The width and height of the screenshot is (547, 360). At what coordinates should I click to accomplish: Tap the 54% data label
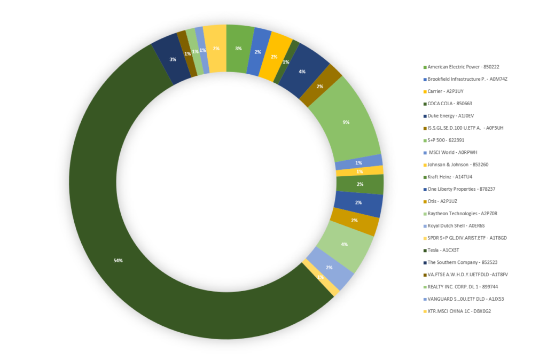[118, 261]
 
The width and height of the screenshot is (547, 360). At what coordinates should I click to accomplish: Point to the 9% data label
[346, 122]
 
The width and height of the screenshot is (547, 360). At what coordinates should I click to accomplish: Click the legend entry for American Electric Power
[463, 67]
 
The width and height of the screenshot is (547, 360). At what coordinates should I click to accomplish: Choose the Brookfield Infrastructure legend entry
[467, 79]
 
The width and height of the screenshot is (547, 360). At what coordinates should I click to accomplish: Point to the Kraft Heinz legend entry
[450, 177]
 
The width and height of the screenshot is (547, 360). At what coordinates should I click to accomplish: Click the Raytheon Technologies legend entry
[463, 214]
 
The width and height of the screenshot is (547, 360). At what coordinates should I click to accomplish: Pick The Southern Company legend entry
[463, 262]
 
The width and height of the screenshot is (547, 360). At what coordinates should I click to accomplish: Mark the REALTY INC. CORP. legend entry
[463, 287]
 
